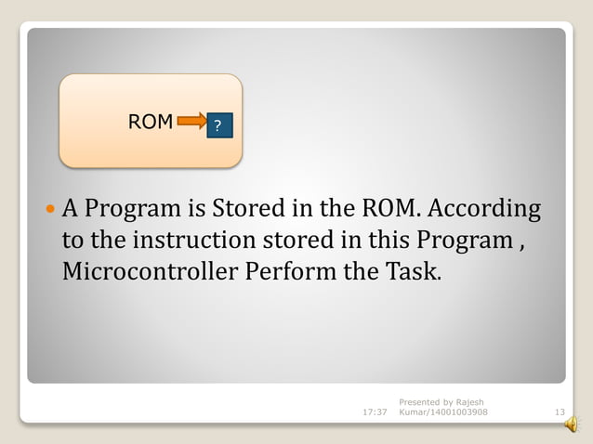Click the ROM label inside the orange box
(151, 122)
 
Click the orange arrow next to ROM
(191, 120)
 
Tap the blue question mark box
(217, 125)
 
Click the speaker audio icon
(570, 425)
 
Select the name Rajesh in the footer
(463, 401)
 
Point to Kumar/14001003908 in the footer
(442, 412)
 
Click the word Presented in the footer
(418, 401)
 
